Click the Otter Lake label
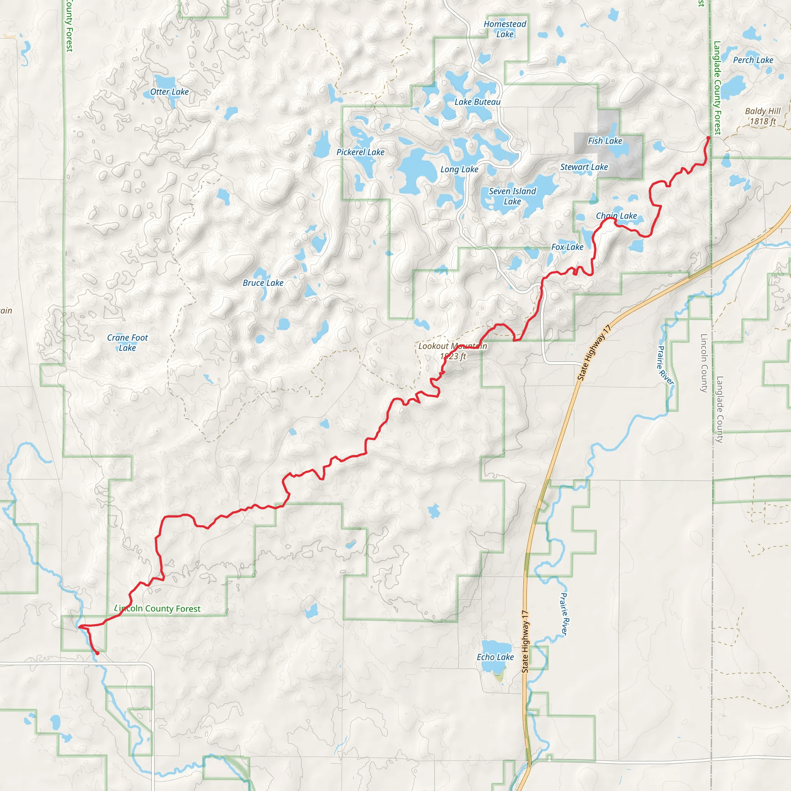tap(169, 92)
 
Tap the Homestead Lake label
tap(505, 29)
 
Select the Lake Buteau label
tap(477, 102)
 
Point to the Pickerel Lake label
tap(360, 152)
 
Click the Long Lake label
tap(459, 170)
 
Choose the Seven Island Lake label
tap(512, 196)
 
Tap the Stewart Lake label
tap(584, 167)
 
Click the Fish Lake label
tap(605, 141)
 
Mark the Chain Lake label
tap(616, 216)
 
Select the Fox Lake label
tap(567, 247)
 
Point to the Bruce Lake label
tap(263, 283)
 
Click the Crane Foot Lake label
tap(127, 343)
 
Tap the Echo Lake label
tap(495, 657)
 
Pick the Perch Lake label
tap(753, 60)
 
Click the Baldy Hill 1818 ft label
tap(763, 116)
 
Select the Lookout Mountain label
tap(452, 346)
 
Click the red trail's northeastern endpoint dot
tap(708, 138)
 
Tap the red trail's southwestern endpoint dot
tap(97, 653)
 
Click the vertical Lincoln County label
tap(704, 363)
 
